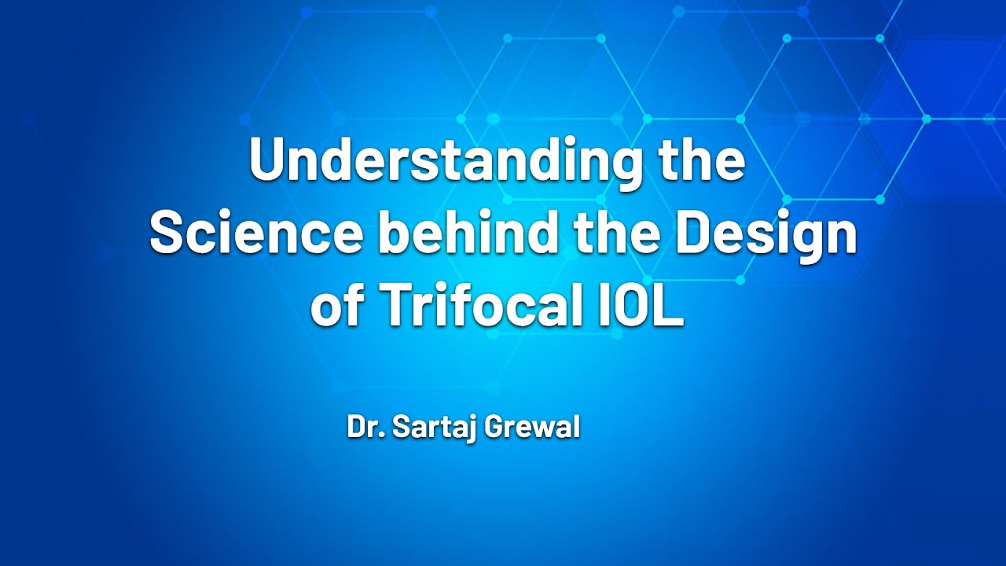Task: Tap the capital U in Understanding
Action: click(x=266, y=160)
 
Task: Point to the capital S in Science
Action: click(x=168, y=233)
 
